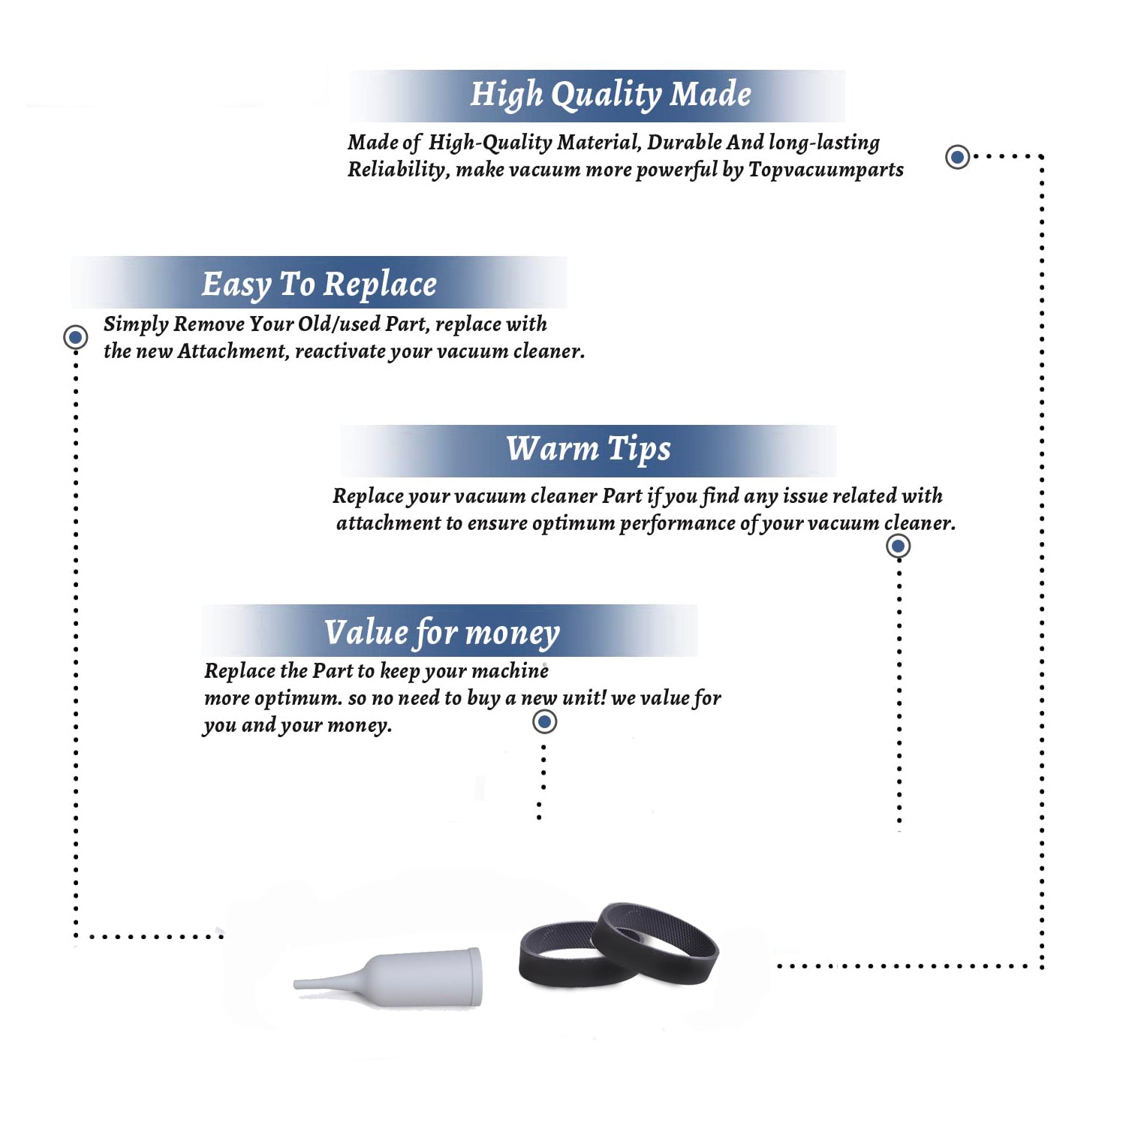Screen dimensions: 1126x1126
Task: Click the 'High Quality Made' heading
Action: (610, 95)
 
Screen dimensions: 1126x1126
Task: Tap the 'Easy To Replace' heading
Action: (319, 285)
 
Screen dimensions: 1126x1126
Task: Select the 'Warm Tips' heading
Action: (588, 449)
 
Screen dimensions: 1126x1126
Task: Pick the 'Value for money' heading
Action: (441, 633)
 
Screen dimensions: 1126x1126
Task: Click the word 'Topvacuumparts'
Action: (826, 170)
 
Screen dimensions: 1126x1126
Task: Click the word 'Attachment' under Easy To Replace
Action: (233, 351)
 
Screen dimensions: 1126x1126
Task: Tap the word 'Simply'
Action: (136, 324)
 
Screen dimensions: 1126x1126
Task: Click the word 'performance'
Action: (678, 523)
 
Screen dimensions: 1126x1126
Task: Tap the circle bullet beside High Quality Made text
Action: (957, 157)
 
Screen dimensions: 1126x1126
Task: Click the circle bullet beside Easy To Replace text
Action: (75, 337)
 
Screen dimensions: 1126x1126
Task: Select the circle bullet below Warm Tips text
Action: (899, 546)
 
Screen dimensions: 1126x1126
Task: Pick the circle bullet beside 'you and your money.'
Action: (544, 722)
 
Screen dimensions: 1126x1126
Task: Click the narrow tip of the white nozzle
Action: (296, 984)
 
